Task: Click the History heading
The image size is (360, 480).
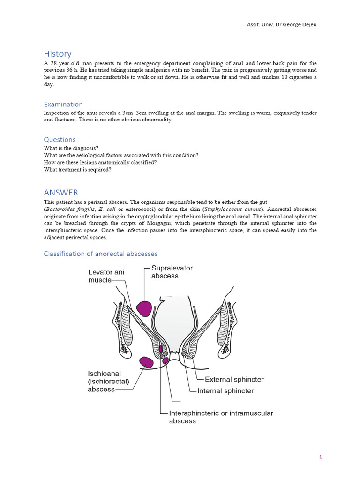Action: pyautogui.click(x=58, y=54)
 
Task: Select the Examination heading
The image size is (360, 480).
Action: pyautogui.click(x=63, y=104)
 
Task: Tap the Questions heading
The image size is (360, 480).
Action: pyautogui.click(x=60, y=139)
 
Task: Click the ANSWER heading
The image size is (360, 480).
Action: pyautogui.click(x=61, y=193)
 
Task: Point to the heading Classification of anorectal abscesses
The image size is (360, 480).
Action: pyautogui.click(x=100, y=254)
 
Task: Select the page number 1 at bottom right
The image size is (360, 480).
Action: pyautogui.click(x=320, y=457)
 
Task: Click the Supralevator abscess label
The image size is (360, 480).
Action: pyautogui.click(x=172, y=272)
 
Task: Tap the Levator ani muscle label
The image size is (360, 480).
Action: pyautogui.click(x=107, y=276)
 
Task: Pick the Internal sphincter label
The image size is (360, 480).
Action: pyautogui.click(x=225, y=390)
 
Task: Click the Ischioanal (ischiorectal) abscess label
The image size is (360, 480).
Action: pyautogui.click(x=107, y=382)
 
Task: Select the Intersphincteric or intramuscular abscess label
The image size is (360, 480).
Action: pyautogui.click(x=221, y=417)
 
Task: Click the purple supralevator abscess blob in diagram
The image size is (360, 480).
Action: pyautogui.click(x=144, y=308)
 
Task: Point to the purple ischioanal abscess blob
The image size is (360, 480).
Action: pyautogui.click(x=146, y=362)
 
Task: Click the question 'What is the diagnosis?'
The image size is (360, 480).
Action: pyautogui.click(x=71, y=148)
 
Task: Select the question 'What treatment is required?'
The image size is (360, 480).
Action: pyautogui.click(x=77, y=170)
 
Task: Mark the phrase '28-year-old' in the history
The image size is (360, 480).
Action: pyautogui.click(x=63, y=63)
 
